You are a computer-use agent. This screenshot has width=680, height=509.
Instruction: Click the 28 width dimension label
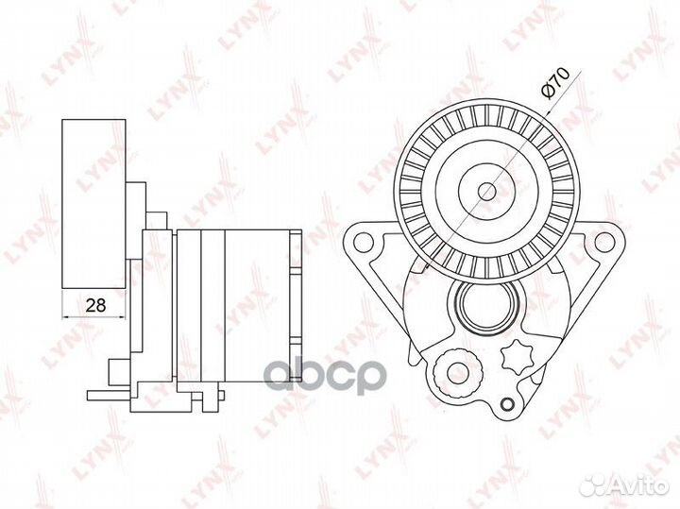pyautogui.click(x=95, y=305)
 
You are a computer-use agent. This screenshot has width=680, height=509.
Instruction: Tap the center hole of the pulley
pyautogui.click(x=487, y=191)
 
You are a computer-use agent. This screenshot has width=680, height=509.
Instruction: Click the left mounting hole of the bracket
pyautogui.click(x=363, y=242)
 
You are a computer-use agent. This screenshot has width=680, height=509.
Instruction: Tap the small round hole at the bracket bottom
pyautogui.click(x=506, y=405)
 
